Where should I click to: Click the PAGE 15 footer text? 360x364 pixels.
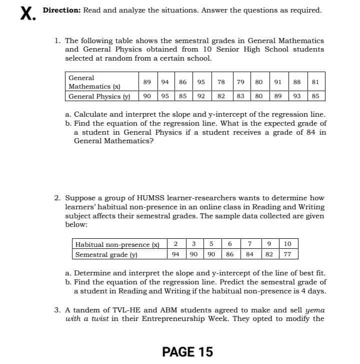pos(188,352)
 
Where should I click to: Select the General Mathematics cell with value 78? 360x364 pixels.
pos(221,82)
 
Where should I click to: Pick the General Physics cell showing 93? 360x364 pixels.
pos(297,96)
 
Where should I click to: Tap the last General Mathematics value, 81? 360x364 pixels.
pos(315,82)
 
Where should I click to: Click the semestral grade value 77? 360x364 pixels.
pos(287,254)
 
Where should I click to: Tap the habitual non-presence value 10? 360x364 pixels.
pos(287,244)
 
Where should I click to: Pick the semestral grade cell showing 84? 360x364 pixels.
pos(250,254)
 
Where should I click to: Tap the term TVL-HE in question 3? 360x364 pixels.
pos(114,309)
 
